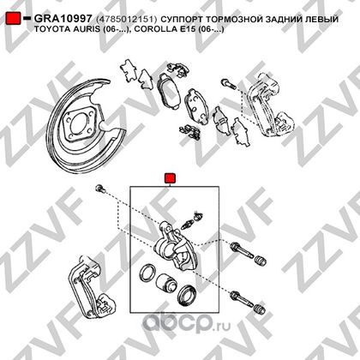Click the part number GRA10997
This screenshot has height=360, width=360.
[63, 19]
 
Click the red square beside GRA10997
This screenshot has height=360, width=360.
[13, 19]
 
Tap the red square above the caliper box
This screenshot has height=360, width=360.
[170, 178]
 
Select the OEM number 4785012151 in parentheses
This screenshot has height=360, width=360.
[127, 19]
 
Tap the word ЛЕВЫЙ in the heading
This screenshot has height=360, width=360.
[321, 19]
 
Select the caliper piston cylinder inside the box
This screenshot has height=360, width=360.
[167, 284]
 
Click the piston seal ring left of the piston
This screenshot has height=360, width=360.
[147, 273]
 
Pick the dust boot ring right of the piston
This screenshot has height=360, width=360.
[186, 295]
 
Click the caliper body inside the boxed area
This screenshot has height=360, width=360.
[174, 247]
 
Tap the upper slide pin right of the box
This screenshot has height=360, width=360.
[242, 250]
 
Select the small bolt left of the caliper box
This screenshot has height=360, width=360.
[100, 189]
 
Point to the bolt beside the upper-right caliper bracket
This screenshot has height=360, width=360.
[229, 83]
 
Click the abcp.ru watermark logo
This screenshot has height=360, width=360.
[186, 323]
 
